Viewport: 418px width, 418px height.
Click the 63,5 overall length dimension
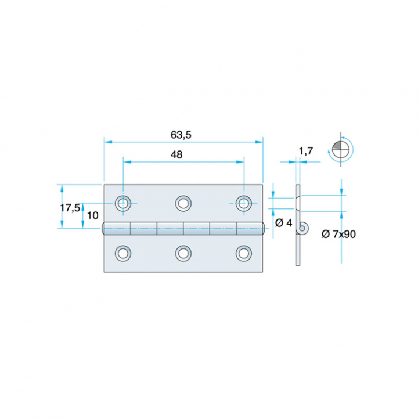pyautogui.click(x=181, y=135)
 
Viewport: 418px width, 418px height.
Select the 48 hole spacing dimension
pyautogui.click(x=176, y=154)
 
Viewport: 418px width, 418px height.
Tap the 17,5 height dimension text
pyautogui.click(x=70, y=208)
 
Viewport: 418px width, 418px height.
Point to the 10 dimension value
pyautogui.click(x=93, y=215)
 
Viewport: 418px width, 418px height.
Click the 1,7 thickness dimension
pyautogui.click(x=306, y=151)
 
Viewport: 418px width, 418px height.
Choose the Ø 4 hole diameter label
pyautogui.click(x=284, y=222)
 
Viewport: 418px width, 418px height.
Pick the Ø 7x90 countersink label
pyautogui.click(x=338, y=234)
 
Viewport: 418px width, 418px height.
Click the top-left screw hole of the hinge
pyautogui.click(x=123, y=203)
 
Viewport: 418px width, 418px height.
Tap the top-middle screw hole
pyautogui.click(x=183, y=203)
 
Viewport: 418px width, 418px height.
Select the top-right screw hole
pyautogui.click(x=244, y=203)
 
